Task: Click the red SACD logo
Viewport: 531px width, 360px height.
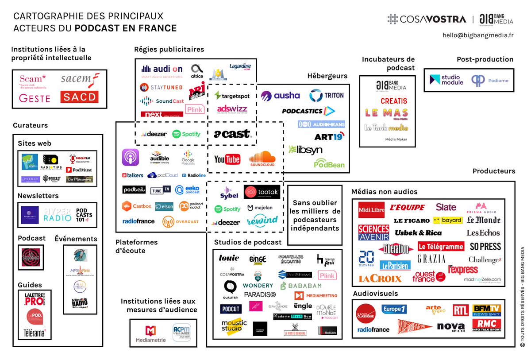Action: click(79, 97)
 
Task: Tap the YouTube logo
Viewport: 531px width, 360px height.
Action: click(227, 159)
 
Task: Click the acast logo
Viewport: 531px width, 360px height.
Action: click(231, 133)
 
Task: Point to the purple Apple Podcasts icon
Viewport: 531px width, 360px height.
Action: click(131, 158)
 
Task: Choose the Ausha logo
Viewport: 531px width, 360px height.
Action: click(280, 96)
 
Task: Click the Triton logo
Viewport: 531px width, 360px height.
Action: click(327, 96)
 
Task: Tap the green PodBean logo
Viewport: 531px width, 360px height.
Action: click(329, 164)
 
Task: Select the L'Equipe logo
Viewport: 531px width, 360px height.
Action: click(407, 207)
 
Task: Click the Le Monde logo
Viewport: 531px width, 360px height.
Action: click(483, 220)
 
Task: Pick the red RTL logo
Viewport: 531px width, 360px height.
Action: click(461, 310)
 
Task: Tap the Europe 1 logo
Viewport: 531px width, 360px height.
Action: click(394, 309)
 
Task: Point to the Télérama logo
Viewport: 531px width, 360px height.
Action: click(35, 332)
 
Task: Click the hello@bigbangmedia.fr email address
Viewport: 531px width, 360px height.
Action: click(478, 35)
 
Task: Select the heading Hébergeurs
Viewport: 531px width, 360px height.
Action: click(327, 76)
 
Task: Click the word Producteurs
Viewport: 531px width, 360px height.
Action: click(493, 171)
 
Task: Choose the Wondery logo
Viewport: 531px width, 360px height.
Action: click(258, 286)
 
